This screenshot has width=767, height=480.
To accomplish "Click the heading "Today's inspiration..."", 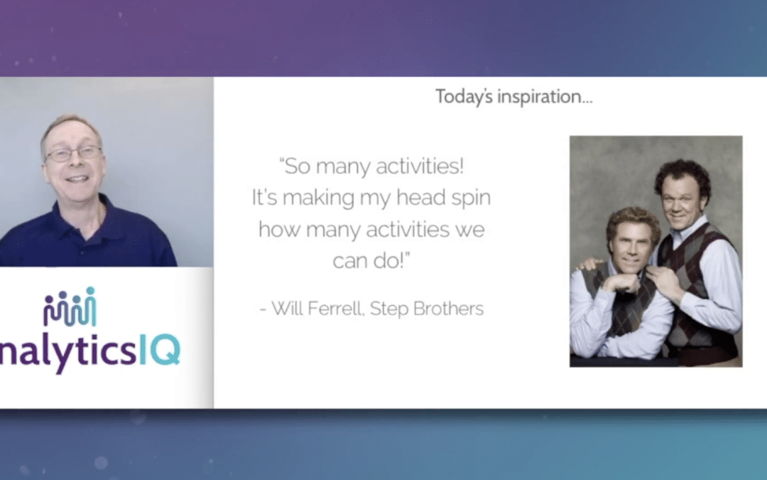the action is click(x=513, y=97).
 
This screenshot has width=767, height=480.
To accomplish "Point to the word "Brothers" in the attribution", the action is click(x=449, y=309).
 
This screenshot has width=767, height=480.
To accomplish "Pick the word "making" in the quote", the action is click(x=318, y=198).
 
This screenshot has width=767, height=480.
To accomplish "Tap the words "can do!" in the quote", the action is click(x=371, y=260).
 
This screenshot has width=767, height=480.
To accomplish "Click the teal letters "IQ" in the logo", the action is click(x=160, y=349).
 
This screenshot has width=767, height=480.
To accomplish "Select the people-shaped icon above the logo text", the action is click(x=70, y=307).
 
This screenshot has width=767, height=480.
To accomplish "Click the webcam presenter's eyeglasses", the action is click(x=73, y=154).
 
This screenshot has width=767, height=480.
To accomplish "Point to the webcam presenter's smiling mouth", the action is click(x=78, y=178).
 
